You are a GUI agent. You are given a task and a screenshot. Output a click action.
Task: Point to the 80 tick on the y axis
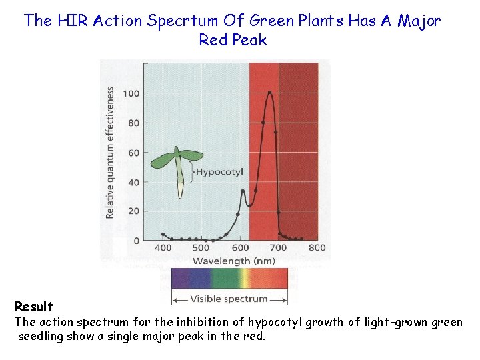[x=133, y=123]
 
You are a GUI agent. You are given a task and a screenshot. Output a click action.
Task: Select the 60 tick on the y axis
[x=133, y=153]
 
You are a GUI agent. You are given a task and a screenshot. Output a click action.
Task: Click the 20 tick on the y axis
[x=133, y=211]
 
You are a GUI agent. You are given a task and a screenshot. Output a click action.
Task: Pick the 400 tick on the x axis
[x=163, y=248]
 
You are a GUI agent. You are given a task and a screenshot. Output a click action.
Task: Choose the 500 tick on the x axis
[x=201, y=248]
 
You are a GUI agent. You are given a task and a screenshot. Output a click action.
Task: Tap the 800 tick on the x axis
[x=317, y=248]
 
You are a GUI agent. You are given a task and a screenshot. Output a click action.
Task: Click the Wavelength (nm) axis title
[x=231, y=261]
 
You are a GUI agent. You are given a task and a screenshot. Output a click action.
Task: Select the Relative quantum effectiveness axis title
[x=110, y=153]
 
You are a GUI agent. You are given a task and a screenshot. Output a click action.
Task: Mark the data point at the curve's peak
[x=269, y=93]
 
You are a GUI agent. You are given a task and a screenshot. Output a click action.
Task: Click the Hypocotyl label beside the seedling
[x=219, y=172]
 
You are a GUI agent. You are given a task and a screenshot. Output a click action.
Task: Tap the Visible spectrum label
[x=229, y=299]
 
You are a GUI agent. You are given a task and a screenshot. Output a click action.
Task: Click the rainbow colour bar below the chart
[x=229, y=278]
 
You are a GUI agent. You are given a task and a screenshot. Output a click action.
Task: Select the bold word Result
[x=33, y=307]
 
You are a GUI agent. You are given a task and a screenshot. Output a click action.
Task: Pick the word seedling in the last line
[x=42, y=337]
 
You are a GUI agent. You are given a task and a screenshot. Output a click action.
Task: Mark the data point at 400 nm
[x=163, y=235]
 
